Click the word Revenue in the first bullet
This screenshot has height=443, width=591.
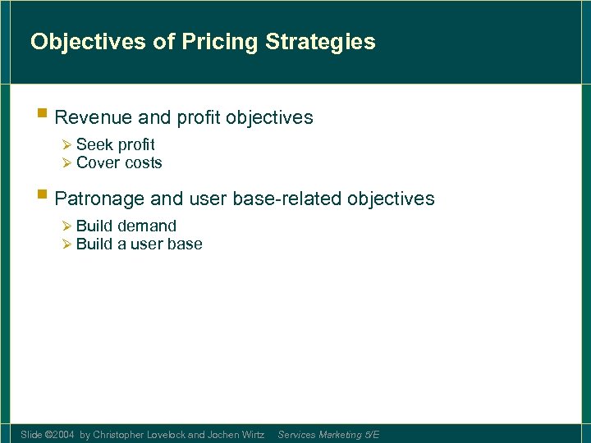89,118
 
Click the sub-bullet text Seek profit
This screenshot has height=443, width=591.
115,145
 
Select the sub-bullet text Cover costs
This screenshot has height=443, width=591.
119,162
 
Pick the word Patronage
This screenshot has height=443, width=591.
99,199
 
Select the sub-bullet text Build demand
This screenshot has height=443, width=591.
126,226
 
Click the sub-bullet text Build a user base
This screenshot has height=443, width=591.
139,244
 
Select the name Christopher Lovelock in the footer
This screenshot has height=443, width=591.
140,435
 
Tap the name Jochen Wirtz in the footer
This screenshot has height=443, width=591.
236,435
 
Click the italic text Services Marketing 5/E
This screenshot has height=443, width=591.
328,435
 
